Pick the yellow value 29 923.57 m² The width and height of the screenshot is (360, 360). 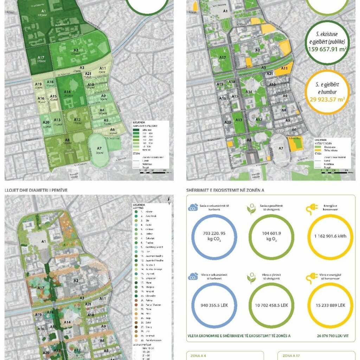click(327, 99)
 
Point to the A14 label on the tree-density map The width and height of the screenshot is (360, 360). click(67, 92)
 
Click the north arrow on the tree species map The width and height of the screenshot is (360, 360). click(169, 200)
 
